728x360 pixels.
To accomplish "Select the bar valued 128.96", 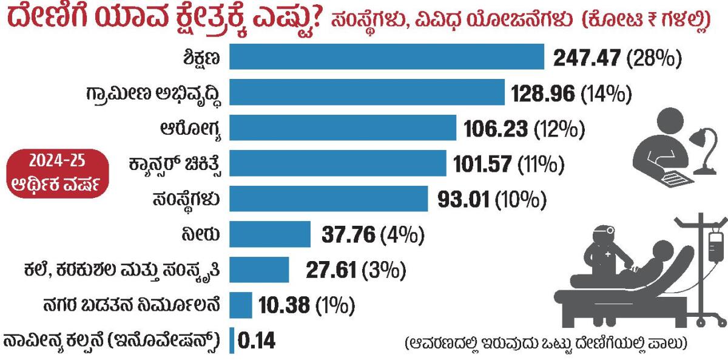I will [366, 93].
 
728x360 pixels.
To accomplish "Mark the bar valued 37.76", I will [270, 234].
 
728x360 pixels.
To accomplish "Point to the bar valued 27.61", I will [260, 269].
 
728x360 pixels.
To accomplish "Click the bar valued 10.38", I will [241, 304].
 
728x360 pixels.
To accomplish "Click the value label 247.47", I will [587, 58].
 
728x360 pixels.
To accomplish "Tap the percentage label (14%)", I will [606, 93].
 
